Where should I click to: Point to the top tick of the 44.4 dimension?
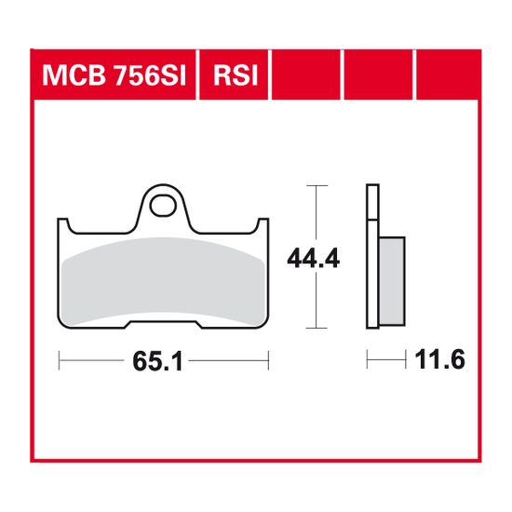(x=317, y=186)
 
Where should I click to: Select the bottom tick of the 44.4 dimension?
(x=317, y=328)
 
